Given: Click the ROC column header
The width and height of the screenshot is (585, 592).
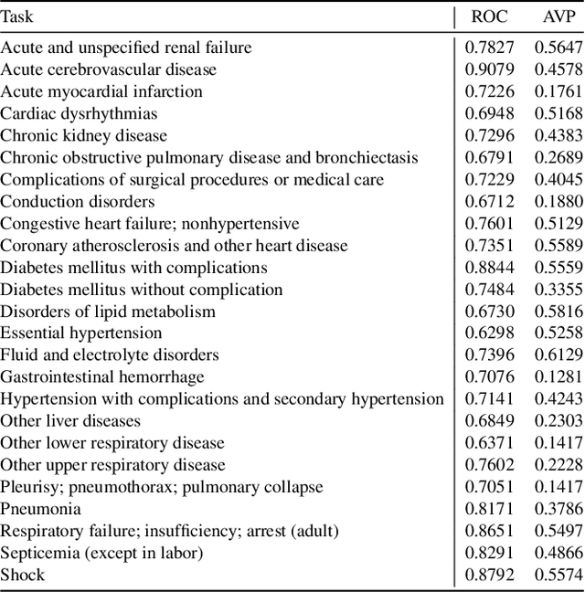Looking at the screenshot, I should (x=490, y=16).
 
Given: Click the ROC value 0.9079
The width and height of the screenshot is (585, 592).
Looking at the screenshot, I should (x=490, y=69).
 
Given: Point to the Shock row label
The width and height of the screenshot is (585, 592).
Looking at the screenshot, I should (x=23, y=575).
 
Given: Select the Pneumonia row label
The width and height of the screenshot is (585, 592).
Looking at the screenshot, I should (x=41, y=509).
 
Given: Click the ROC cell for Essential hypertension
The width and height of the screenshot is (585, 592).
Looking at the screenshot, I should (x=490, y=333).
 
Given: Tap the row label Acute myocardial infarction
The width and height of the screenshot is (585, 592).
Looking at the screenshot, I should (x=101, y=91).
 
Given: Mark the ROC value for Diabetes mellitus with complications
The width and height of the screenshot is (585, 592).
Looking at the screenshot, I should (x=490, y=267).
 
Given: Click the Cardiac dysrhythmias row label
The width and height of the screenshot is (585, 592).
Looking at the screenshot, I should (x=79, y=113).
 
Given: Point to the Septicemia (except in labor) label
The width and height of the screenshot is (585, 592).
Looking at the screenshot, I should (x=101, y=553).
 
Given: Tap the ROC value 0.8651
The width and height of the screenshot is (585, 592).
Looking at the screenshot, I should (x=490, y=531).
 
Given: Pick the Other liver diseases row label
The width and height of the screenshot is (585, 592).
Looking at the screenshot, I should (x=70, y=421).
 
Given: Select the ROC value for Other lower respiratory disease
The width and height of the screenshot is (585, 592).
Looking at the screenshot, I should (x=490, y=443).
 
